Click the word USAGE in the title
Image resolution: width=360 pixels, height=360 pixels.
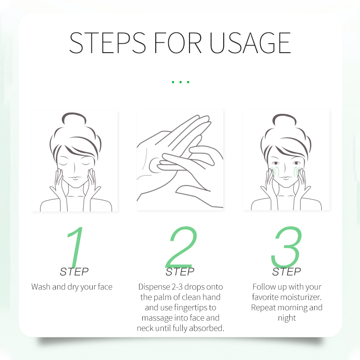pos(250,43)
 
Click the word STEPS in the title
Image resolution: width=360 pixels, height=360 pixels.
pos(108,43)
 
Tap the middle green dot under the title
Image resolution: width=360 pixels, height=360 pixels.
pos(181,82)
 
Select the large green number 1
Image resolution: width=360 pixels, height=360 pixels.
pos(75,247)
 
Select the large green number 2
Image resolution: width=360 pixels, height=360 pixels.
pos(181,247)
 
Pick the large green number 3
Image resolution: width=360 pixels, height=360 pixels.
pos(286,247)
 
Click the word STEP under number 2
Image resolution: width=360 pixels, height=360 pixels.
pos(180,272)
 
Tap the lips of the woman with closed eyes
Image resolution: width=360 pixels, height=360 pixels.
pos(74,178)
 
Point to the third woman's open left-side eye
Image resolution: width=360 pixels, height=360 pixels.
pos(275,163)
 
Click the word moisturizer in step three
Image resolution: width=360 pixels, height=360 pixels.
pos(298,297)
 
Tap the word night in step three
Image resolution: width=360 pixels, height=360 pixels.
pos(287,318)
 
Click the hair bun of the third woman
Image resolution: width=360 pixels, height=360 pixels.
pos(284,120)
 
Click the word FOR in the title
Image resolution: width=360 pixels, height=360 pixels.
pos(178,43)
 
